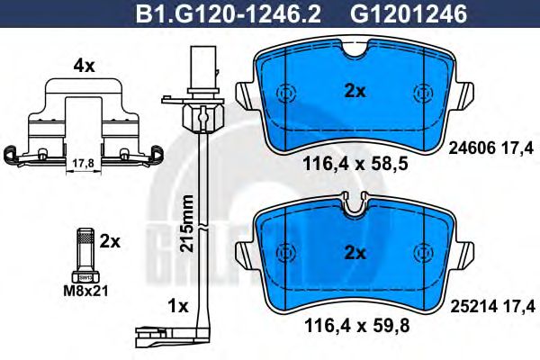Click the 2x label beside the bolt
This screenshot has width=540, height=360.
tap(110, 242)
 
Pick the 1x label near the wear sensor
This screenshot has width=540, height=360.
tap(177, 306)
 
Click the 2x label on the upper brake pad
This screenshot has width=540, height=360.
tap(355, 91)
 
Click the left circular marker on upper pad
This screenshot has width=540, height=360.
tap(286, 94)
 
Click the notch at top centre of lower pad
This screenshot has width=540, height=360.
tap(355, 207)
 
